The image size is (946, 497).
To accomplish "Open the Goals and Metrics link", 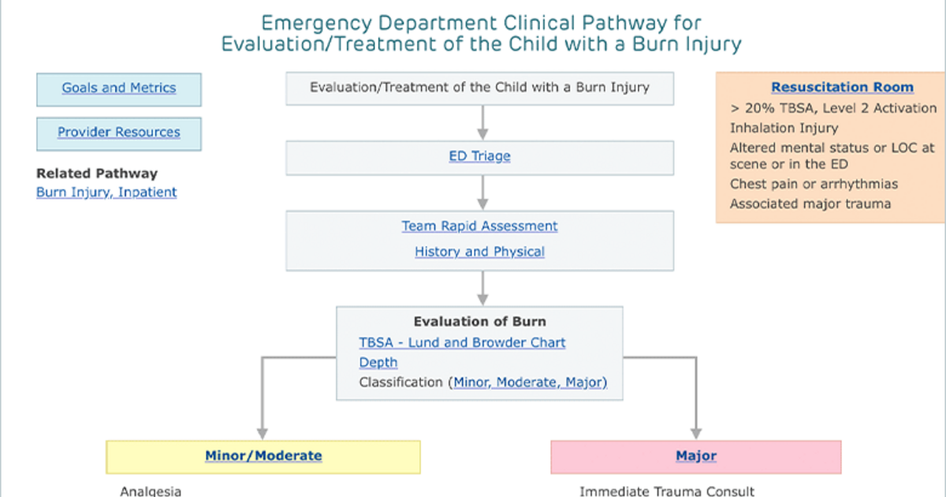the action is (119, 88).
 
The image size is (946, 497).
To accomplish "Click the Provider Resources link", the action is (119, 133).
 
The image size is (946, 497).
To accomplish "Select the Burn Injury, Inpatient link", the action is (106, 192).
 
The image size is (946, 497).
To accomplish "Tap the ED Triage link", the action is (479, 156).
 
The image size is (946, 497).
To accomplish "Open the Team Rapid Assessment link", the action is (479, 226).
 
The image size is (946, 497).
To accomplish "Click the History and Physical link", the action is (479, 252).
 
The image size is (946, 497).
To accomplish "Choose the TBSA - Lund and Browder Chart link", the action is (462, 342).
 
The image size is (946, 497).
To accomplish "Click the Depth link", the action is (378, 363).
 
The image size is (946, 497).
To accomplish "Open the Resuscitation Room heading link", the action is (842, 87).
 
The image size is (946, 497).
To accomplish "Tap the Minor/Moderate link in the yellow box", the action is (263, 456).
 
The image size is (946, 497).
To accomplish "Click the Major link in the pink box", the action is (696, 456).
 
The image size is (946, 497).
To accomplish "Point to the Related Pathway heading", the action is (97, 174).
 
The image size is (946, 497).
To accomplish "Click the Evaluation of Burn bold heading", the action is (479, 322).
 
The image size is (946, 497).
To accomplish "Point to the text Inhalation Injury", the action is (784, 128).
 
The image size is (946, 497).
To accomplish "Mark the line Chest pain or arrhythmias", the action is (814, 185).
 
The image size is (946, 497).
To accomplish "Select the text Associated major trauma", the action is (810, 204).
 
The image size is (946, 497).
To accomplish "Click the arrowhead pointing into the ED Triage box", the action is (482, 134).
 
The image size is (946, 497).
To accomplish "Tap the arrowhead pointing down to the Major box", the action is (696, 434).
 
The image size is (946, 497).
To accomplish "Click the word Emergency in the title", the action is (316, 23).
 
